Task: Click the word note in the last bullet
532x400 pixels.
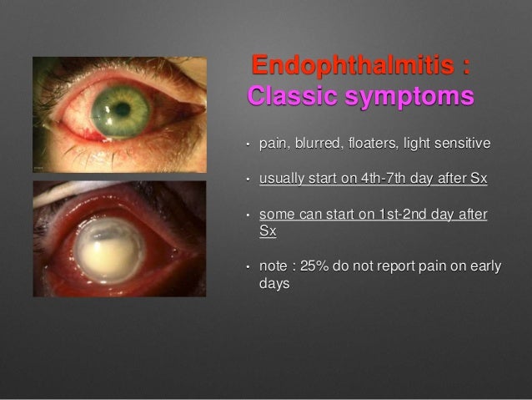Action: (273, 266)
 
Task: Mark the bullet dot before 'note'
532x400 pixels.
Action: (247, 267)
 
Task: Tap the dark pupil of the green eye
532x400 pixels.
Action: (122, 108)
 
